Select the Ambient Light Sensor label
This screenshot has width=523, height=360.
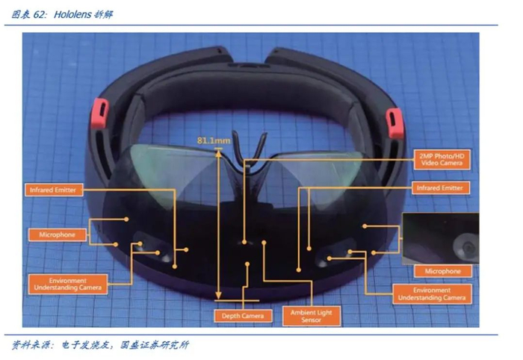[x=309, y=317]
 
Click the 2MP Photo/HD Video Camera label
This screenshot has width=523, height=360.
[x=441, y=158]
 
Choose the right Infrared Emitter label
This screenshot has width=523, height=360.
[x=439, y=187]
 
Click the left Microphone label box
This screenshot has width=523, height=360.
[x=58, y=235]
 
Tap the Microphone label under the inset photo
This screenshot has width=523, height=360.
[x=442, y=271]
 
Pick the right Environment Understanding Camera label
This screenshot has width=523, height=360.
[x=432, y=294]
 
